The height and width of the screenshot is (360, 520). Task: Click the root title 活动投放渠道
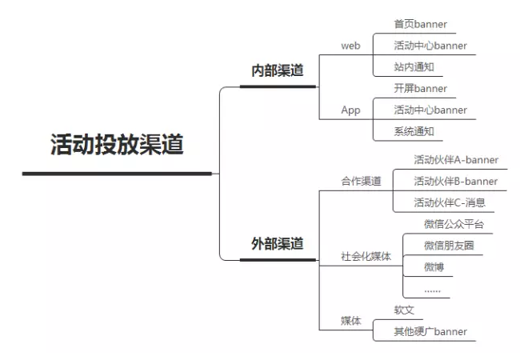(x=117, y=144)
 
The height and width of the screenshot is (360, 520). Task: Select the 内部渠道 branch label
(x=278, y=70)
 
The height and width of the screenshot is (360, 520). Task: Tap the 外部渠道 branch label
(x=278, y=244)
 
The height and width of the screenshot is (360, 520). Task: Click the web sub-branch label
(x=350, y=46)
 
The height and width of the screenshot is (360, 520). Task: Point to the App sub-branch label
(x=350, y=110)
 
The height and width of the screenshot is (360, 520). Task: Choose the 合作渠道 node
(x=361, y=181)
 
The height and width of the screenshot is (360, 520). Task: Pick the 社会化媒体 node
(x=366, y=256)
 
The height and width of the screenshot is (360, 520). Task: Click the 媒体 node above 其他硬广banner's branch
(x=351, y=321)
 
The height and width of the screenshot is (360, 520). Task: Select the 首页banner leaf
(x=421, y=24)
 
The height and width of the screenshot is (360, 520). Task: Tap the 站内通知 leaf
(x=414, y=67)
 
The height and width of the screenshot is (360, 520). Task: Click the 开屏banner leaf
(x=421, y=89)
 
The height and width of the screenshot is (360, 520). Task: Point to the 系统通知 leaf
(x=414, y=132)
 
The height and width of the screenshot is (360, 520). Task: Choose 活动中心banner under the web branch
(x=430, y=46)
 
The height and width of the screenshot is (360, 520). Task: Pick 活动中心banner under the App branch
(x=430, y=110)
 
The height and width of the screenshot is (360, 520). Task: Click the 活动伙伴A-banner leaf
(x=456, y=160)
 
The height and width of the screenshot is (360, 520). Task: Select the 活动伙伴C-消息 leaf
(x=450, y=202)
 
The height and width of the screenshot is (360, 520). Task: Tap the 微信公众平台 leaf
(x=454, y=224)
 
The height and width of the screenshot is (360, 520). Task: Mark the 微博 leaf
(x=434, y=267)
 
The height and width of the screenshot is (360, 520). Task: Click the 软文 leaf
(x=404, y=310)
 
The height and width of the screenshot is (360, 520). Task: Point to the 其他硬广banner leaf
(x=430, y=331)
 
